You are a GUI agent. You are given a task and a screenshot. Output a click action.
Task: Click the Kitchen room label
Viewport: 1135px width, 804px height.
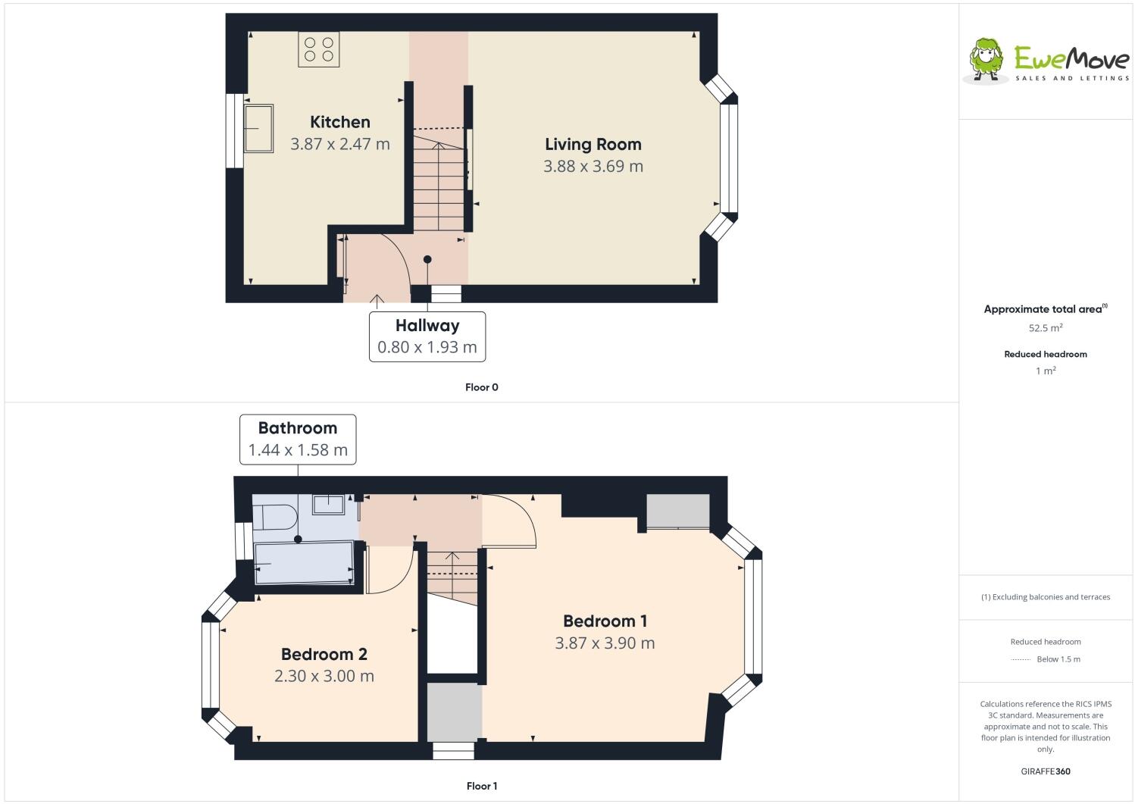340,122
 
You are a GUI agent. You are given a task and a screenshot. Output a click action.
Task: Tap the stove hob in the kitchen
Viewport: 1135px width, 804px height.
318,49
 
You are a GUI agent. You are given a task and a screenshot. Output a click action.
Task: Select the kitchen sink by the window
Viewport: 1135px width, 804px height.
258,128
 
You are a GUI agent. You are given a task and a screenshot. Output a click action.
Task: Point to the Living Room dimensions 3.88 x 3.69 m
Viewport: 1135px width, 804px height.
593,166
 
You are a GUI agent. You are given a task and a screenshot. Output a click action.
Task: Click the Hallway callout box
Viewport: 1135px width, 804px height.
427,336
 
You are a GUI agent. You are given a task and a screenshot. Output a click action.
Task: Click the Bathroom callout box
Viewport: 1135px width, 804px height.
298,439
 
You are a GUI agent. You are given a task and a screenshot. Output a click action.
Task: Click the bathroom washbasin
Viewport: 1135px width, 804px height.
329,504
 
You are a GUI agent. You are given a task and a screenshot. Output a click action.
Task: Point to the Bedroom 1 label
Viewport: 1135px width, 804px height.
605,621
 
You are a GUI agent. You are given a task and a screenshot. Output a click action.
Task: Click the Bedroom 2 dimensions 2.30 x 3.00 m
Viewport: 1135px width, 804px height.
324,676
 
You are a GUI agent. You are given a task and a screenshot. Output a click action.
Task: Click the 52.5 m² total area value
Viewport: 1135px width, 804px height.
1045,328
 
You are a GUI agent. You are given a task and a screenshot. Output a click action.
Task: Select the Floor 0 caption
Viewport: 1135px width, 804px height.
481,387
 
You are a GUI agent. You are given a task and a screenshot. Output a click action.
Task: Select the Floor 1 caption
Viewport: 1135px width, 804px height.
481,786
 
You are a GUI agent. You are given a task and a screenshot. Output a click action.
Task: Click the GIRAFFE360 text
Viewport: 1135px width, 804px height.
1046,771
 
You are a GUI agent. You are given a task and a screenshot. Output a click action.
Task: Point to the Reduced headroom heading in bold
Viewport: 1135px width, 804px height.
1045,354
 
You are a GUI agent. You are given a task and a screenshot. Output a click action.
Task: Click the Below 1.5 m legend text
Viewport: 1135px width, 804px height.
1058,659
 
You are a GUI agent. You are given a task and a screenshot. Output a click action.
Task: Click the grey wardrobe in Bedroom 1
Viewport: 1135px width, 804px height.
677,511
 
